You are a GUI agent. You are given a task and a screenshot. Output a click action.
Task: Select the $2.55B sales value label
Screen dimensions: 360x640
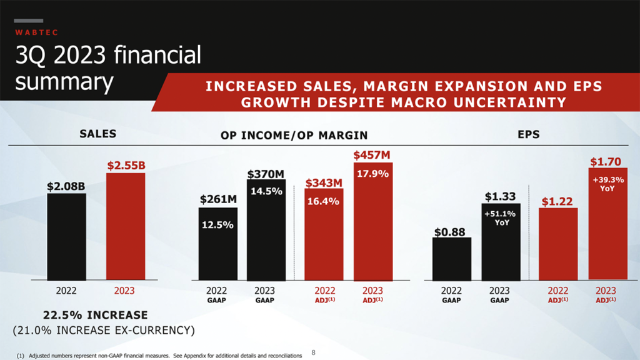tap(126, 166)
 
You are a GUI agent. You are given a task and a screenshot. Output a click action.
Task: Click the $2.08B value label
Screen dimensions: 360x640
tap(66, 186)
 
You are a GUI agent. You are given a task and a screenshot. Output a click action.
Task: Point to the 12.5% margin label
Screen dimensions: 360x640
tap(217, 224)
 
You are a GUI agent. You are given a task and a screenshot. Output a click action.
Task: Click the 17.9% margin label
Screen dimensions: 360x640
tap(372, 174)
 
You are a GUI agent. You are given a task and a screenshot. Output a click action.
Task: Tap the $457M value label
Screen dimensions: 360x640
tap(372, 154)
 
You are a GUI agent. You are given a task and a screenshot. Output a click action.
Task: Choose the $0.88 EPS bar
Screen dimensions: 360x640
tap(451, 259)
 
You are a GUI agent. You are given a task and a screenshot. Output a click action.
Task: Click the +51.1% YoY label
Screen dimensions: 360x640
tap(500, 217)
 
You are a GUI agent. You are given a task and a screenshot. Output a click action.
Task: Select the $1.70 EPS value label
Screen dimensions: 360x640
tap(606, 162)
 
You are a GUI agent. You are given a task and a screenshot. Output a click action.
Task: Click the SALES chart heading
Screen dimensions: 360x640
tap(97, 134)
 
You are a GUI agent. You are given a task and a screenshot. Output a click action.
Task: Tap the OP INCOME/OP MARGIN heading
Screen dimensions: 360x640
tap(294, 134)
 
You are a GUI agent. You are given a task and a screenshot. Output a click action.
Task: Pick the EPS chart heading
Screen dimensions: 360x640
tap(528, 134)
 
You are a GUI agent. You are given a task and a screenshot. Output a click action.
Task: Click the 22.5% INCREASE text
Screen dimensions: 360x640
tap(95, 315)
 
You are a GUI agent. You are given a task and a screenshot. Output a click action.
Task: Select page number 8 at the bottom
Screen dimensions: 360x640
tap(314, 353)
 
